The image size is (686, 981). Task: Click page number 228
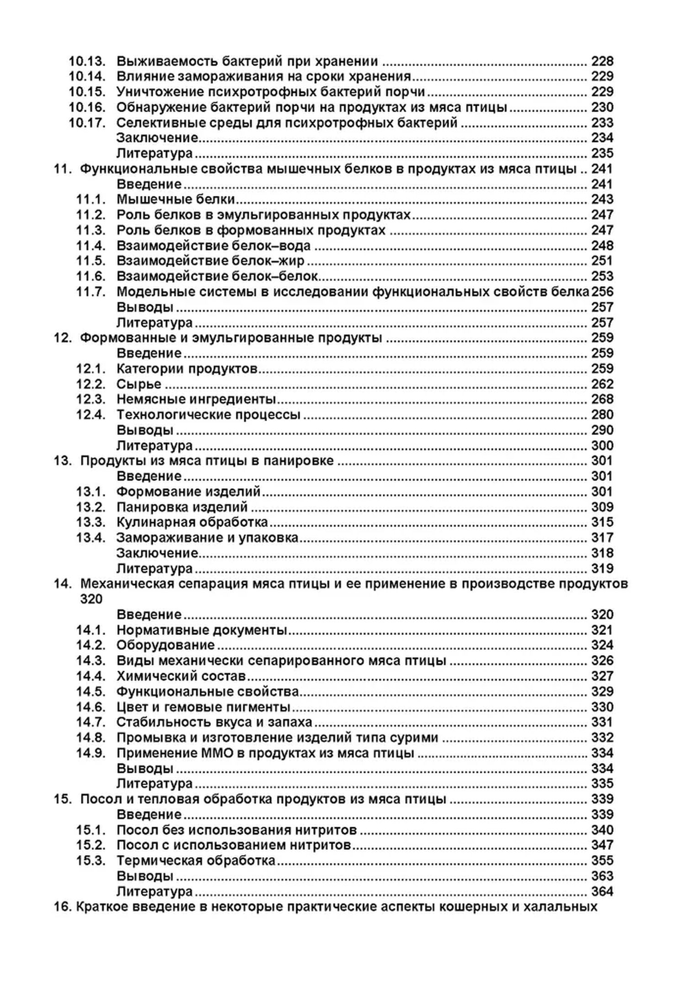point(602,61)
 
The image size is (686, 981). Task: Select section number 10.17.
point(87,123)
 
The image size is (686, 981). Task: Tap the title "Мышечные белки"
point(176,199)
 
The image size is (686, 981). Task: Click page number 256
point(602,292)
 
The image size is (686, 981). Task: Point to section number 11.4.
point(91,245)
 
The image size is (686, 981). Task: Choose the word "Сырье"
point(139,384)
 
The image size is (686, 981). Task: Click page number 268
point(602,399)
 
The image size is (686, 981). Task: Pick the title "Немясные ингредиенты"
point(196,399)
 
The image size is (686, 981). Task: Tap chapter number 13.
point(63,461)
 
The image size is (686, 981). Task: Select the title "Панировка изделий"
point(182,507)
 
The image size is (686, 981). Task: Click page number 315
point(602,522)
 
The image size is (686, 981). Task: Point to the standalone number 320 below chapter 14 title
point(91,599)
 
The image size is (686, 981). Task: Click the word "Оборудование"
point(166,645)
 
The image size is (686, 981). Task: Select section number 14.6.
point(91,707)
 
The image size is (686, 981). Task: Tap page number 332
point(602,737)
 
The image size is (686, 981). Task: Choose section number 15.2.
point(91,845)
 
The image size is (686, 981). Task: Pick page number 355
point(602,861)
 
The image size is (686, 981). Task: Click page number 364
point(602,891)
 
